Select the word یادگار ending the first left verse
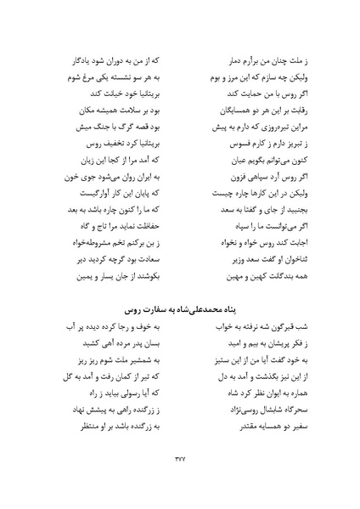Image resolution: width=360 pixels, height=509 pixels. point(72,62)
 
